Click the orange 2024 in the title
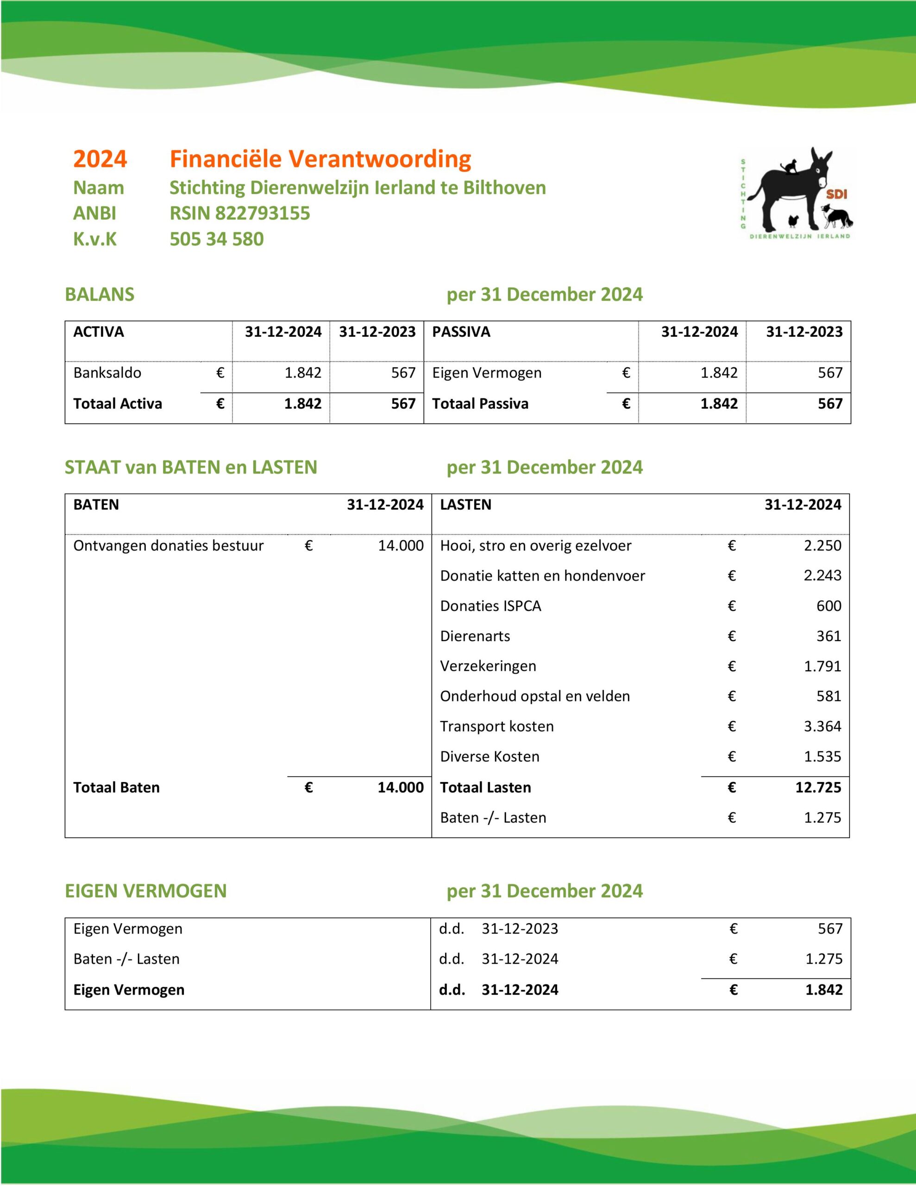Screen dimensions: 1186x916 pos(100,159)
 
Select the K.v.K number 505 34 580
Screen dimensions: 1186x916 pos(217,240)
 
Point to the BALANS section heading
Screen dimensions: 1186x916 pos(100,294)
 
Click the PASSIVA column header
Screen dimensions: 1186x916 pos(461,332)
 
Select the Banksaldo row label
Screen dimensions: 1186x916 pos(107,373)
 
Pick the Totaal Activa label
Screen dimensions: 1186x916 pos(117,404)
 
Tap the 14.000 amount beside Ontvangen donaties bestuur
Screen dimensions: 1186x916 pos(401,546)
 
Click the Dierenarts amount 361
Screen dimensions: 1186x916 pos(828,636)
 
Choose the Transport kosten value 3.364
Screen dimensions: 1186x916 pos(822,726)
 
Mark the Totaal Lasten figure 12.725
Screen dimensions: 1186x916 pos(818,788)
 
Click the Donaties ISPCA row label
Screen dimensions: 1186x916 pos(490,606)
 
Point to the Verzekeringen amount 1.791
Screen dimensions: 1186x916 pos(822,666)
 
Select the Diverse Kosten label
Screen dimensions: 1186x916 pos(489,757)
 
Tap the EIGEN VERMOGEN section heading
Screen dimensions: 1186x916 pos(145,891)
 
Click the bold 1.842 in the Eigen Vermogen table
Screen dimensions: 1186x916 pos(824,990)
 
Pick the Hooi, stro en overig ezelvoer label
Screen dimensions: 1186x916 pos(535,546)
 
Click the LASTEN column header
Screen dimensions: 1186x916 pos(465,505)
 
